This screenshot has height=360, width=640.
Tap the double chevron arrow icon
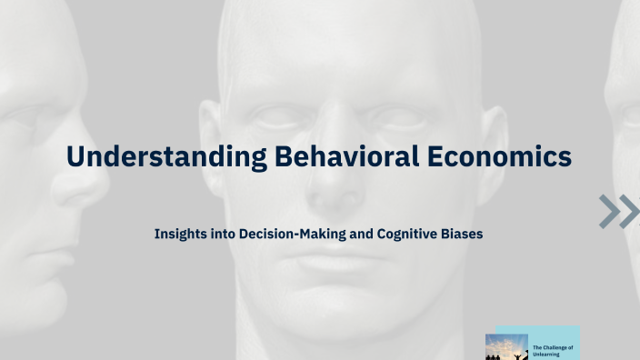click(619, 210)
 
